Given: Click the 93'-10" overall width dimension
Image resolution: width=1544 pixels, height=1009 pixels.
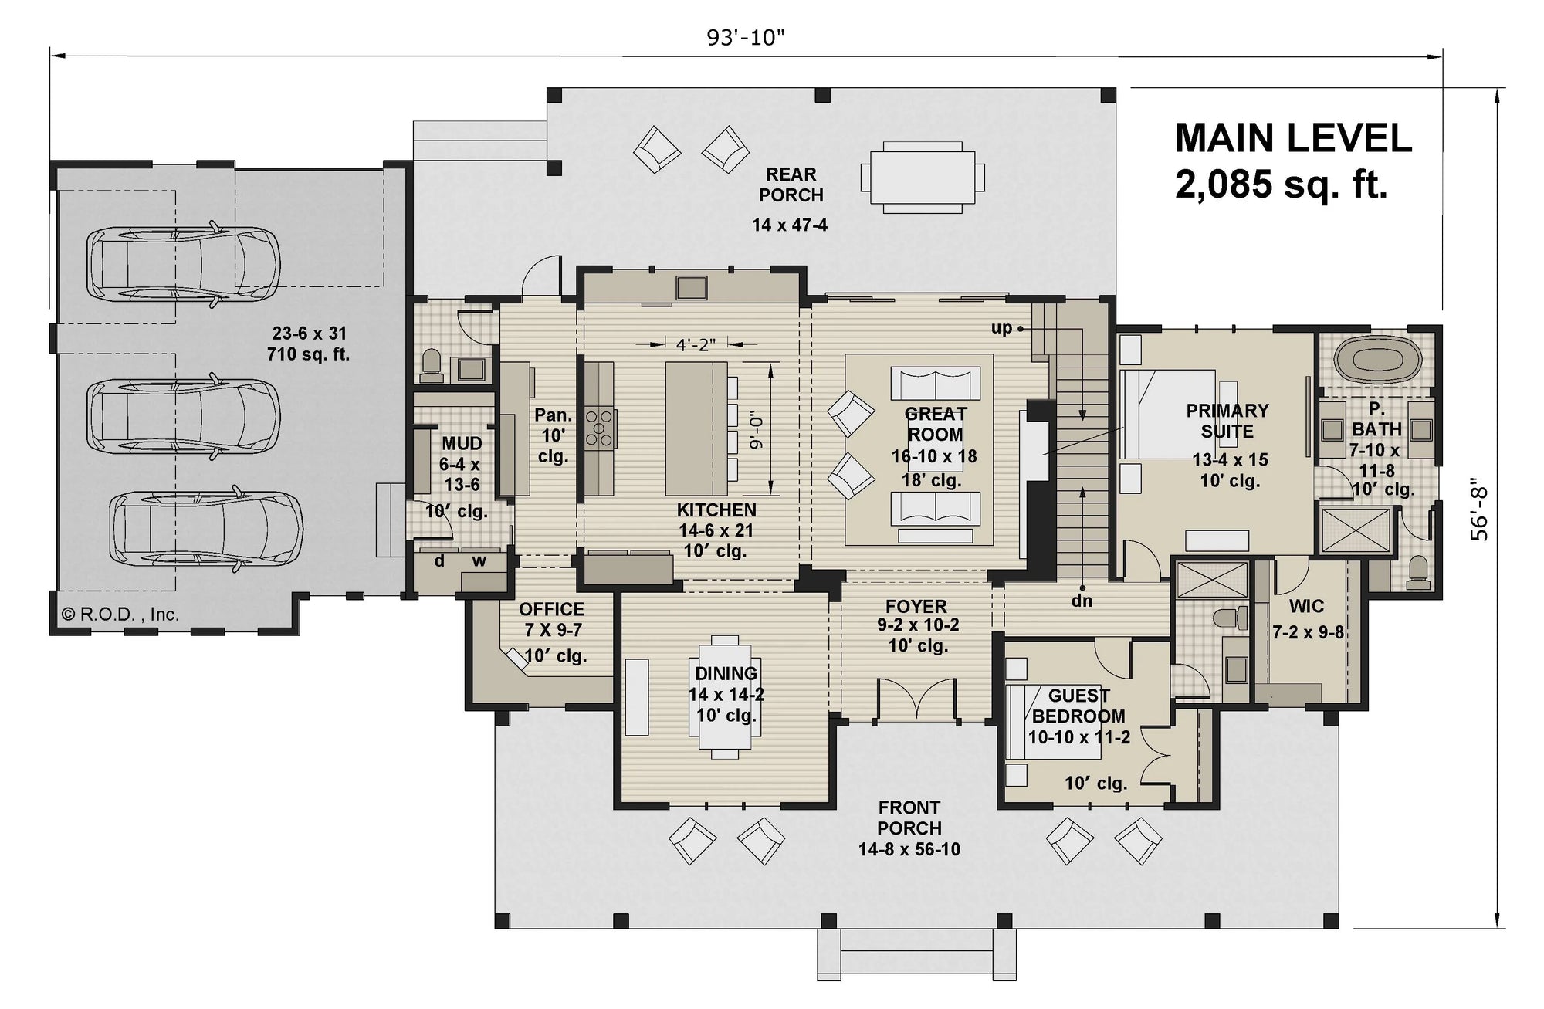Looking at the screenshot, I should tap(745, 37).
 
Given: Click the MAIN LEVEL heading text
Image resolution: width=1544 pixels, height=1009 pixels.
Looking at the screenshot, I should tap(1293, 139).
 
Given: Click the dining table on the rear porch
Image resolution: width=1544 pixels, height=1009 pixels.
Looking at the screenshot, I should tap(923, 177).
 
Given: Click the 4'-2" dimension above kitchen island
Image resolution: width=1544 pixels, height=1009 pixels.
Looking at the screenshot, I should tap(696, 345).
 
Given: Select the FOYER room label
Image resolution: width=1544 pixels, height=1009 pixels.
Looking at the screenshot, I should tap(916, 607).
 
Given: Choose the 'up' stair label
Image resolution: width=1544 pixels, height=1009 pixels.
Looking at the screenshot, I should tap(1001, 328).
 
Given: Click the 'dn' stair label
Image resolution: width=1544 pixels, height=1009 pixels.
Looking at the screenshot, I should tap(1082, 600).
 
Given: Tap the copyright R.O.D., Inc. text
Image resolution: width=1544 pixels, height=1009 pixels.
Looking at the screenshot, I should tap(120, 615).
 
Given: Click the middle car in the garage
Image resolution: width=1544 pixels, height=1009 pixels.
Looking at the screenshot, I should tap(183, 417).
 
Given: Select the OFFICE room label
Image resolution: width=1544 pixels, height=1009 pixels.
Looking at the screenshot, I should tap(551, 609).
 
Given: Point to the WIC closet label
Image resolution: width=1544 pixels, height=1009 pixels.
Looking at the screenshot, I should tap(1306, 607).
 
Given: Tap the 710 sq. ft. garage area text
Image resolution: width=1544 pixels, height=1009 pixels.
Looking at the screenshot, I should tap(308, 354).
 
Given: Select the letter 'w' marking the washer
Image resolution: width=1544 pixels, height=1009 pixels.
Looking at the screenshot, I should tap(479, 561).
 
